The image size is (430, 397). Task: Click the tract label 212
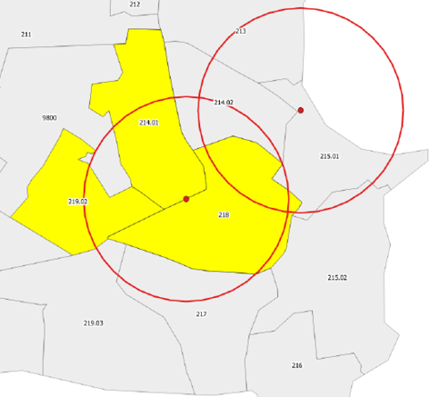135,5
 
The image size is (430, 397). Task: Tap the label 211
25,35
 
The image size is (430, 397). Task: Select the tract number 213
241,31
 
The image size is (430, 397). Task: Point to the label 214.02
224,103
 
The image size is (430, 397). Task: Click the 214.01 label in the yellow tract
149,122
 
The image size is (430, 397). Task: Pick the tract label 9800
49,118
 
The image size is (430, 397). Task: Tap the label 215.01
330,156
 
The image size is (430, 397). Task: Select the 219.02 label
77,201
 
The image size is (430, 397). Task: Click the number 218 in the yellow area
225,214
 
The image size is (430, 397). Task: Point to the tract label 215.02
337,277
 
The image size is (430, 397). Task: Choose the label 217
202,314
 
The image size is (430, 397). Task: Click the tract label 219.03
93,323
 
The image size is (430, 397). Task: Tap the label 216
296,365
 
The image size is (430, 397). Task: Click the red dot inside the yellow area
186,199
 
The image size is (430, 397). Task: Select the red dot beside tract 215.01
301,110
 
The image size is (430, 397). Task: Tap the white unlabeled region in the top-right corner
364,45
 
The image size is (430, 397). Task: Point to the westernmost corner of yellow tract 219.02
11,215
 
